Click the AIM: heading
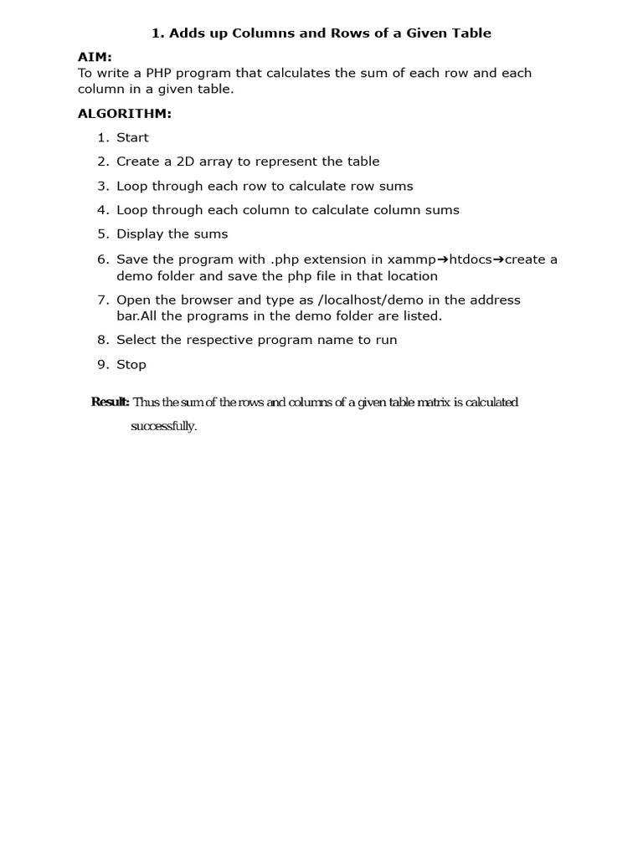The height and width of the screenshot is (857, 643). pyautogui.click(x=95, y=56)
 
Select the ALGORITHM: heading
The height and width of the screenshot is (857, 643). pyautogui.click(x=125, y=114)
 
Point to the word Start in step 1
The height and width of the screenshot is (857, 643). pyautogui.click(x=132, y=138)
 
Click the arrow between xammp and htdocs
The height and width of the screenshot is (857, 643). pyautogui.click(x=444, y=259)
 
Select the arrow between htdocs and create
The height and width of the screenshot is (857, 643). pyautogui.click(x=498, y=259)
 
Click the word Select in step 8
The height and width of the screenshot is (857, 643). pyautogui.click(x=136, y=340)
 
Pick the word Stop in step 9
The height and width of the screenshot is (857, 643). pyautogui.click(x=131, y=365)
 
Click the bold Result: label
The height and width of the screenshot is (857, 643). pyautogui.click(x=110, y=403)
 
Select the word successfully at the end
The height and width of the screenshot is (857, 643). pyautogui.click(x=163, y=427)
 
